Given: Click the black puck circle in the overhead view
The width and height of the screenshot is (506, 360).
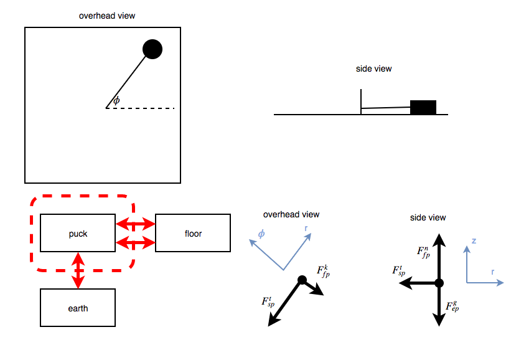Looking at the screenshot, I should pos(152,49).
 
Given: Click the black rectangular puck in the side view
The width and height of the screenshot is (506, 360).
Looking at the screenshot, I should pos(423,107).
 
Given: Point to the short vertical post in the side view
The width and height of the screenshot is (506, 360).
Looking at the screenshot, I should pos(361,102).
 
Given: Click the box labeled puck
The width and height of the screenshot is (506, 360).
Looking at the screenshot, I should pos(78,234).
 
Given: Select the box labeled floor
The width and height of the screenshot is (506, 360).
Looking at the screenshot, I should pos(193,234).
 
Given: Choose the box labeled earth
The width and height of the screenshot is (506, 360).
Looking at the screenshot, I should pos(78,308).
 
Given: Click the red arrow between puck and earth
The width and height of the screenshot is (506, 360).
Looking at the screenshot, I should pos(78,270).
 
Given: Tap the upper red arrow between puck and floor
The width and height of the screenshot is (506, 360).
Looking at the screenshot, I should pos(135,223).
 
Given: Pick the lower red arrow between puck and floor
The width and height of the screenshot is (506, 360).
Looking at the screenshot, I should pos(135,241).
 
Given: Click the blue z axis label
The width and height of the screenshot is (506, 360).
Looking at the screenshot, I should pos(474,240).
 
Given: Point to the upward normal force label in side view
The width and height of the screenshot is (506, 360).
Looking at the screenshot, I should pos(424,251).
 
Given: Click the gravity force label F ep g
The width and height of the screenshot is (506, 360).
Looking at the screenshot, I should pos(452,307).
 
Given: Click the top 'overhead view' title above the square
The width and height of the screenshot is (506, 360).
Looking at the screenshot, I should pos(107,16).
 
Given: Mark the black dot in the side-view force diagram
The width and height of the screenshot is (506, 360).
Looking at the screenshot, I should pos(439,283).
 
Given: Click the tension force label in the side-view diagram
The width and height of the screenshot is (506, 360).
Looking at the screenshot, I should pos(399,271).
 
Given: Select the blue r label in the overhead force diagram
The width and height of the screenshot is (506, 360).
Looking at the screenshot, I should pos(307,229).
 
